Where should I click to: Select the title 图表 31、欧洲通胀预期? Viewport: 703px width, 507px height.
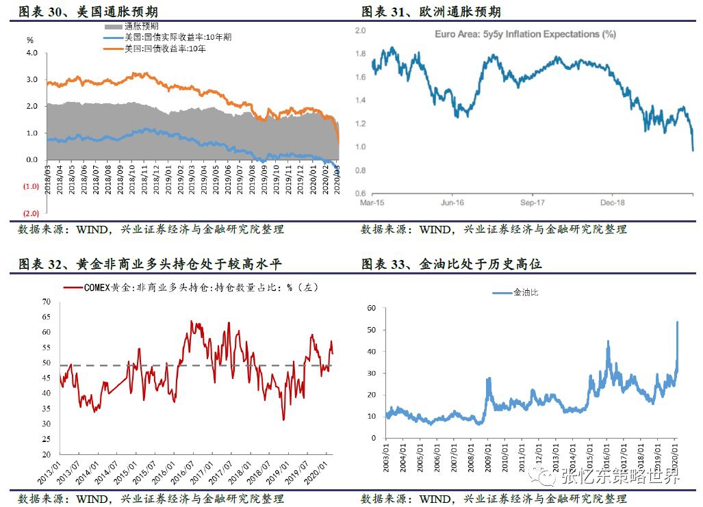pos(431,12)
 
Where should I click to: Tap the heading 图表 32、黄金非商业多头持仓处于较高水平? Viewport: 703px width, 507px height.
pos(150,264)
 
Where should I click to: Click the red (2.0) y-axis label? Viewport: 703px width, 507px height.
pos(29,213)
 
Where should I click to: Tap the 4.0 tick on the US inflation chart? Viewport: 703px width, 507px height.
pos(31,53)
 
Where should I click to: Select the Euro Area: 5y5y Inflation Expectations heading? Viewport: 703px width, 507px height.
pos(525,34)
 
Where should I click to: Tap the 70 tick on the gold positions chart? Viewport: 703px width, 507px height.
pos(47,301)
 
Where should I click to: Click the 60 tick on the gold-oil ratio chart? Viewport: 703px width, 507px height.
pos(373,309)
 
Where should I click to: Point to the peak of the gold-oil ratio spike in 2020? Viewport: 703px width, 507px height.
pos(678,322)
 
